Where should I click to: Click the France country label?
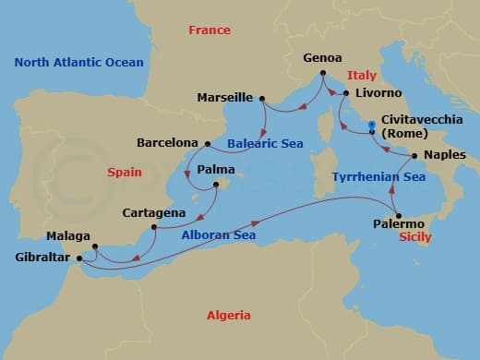[209, 30]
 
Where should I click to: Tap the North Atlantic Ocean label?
[79, 63]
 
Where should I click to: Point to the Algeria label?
[229, 316]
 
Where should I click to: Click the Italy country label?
[363, 75]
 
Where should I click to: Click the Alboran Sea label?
[219, 235]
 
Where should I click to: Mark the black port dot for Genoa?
[322, 73]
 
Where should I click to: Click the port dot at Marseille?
[263, 98]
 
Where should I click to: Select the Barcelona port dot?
[207, 143]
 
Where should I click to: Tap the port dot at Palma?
[217, 185]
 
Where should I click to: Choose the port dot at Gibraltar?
[78, 258]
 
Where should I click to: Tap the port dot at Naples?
[414, 156]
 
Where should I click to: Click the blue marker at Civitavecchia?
[371, 126]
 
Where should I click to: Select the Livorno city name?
[376, 93]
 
